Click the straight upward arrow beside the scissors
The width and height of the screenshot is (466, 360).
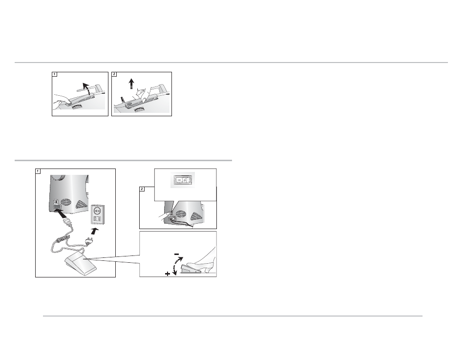point(131,84)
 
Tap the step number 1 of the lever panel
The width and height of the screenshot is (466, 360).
point(54,74)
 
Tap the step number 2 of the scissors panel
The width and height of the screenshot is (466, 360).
point(114,74)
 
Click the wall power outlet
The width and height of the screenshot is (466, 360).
point(98,214)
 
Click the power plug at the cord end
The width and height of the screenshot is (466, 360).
point(88,242)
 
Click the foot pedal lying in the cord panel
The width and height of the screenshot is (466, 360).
point(80,265)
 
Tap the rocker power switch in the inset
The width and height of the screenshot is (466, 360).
point(183,180)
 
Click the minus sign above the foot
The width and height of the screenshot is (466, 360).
point(176,254)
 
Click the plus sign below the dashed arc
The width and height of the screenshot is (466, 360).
point(168,274)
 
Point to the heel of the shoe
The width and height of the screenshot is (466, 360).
point(209,271)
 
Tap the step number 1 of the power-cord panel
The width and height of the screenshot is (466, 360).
point(38,171)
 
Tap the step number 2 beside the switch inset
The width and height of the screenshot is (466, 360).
point(142,189)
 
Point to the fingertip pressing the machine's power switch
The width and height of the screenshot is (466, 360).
point(168,214)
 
